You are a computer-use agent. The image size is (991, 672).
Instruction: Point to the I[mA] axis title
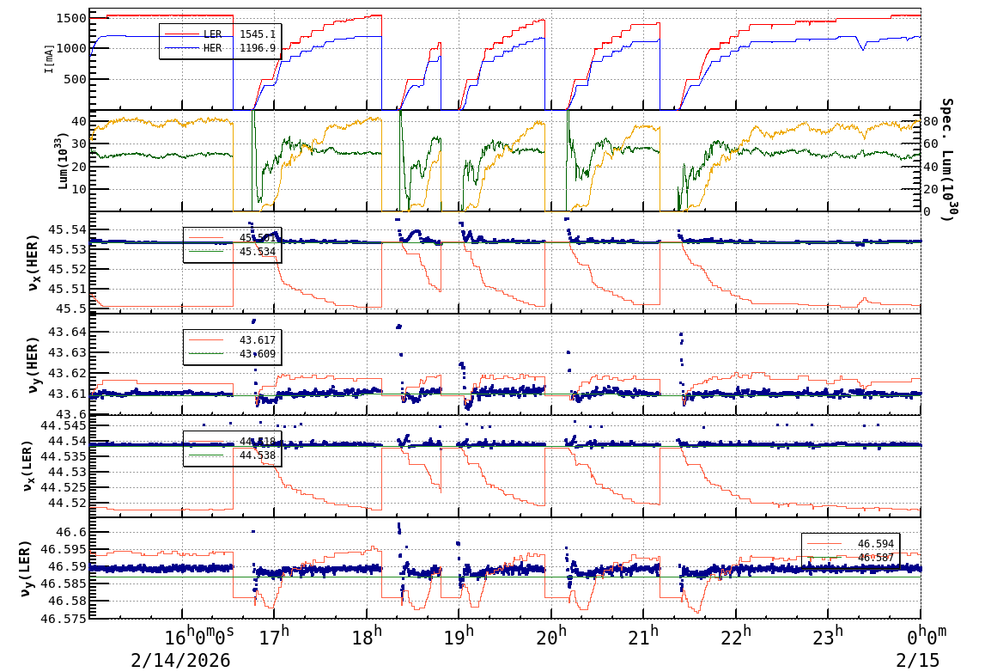[49, 58]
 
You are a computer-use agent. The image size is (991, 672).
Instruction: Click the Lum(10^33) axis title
[59, 162]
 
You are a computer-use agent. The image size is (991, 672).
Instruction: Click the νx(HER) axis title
[33, 264]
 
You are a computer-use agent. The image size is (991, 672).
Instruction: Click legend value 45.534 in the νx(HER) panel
[257, 251]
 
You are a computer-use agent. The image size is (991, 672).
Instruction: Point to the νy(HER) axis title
[33, 364]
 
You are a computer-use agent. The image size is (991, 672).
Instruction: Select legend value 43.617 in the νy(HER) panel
[257, 340]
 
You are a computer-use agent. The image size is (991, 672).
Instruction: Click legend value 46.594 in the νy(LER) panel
[875, 544]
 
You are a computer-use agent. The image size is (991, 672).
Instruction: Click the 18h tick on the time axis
[367, 637]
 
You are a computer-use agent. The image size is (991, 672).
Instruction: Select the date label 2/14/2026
[180, 660]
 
